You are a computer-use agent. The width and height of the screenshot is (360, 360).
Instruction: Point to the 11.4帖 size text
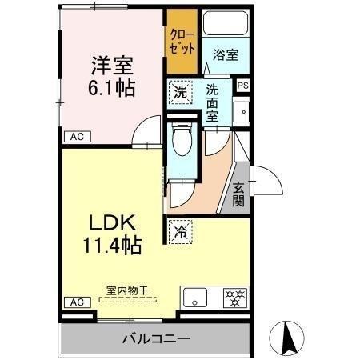tap(113, 245)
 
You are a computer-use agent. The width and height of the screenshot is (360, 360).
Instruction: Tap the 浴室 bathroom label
tap(225, 56)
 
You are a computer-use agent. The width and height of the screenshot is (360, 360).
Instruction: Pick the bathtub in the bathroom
tap(226, 23)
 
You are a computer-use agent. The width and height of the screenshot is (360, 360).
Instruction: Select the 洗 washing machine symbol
tap(180, 91)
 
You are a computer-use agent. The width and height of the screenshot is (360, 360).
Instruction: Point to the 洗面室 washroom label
tap(212, 102)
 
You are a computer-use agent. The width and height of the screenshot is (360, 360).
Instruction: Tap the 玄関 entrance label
tap(239, 194)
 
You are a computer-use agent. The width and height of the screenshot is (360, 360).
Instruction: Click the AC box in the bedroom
tap(75, 137)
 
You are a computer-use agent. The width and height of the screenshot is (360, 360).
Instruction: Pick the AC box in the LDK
tap(75, 302)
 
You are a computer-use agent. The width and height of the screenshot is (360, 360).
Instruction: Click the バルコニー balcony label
tap(155, 338)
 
